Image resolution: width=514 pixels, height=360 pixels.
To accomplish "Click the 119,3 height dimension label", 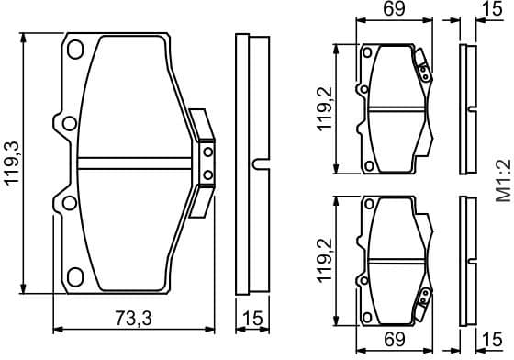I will (12, 165).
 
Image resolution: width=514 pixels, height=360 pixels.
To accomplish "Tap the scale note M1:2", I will (502, 180).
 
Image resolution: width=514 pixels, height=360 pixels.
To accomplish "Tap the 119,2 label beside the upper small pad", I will (326, 109).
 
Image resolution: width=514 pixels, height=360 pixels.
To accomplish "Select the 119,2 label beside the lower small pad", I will (326, 260).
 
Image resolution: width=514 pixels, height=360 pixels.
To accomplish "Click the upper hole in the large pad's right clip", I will (207, 152).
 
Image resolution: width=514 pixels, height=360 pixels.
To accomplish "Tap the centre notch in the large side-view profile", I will (258, 163).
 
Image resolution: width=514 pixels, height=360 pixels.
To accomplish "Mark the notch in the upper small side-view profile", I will (470, 109).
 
